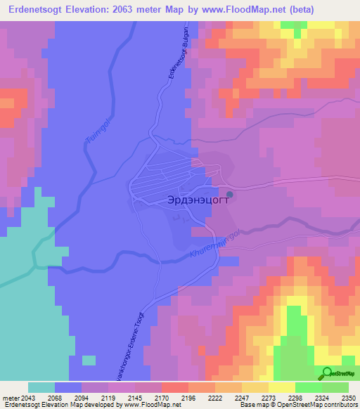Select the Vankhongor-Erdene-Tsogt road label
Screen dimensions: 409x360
coord(129,347)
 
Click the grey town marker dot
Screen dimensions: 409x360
coord(230,194)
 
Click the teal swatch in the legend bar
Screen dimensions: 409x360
coord(41,387)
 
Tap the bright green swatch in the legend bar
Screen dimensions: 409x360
coord(308,387)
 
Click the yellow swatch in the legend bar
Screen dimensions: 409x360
coord(281,387)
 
